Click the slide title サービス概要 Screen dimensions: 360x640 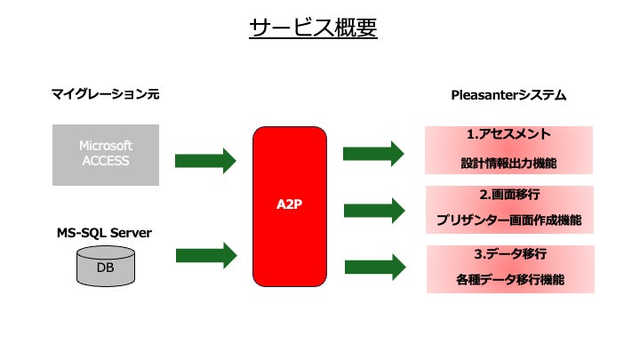pos(314,28)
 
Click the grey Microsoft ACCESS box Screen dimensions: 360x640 pos(105,154)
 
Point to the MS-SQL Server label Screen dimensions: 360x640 pos(105,233)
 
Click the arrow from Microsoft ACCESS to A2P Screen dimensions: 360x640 pos(205,161)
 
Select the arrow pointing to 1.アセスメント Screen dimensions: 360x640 pos(373,152)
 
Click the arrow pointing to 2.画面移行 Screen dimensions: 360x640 pos(373,210)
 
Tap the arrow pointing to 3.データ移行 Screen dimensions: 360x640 pos(374,266)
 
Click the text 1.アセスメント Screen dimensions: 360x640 pos(508,135)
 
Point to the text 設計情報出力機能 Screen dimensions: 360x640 pos(508,164)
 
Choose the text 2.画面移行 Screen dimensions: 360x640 pos(508,194)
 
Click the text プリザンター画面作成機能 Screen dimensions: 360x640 pos(508,220)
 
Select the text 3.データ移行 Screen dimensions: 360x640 pos(508,253)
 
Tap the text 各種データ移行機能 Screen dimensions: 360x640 pos(508,280)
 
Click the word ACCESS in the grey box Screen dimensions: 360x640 pos(105,162)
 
